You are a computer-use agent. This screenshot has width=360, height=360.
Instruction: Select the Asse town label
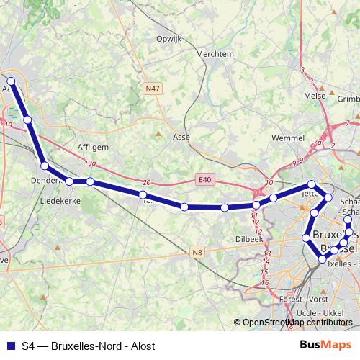coord(181,136)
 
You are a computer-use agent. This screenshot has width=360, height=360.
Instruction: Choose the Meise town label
coord(315,95)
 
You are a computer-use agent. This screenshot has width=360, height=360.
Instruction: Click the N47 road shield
coord(152,88)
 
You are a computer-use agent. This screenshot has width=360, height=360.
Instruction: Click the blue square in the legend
coord(9,346)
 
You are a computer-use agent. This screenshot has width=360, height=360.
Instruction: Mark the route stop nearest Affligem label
coord(90,181)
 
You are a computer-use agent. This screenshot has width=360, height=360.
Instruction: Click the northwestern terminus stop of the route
coord(11,81)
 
